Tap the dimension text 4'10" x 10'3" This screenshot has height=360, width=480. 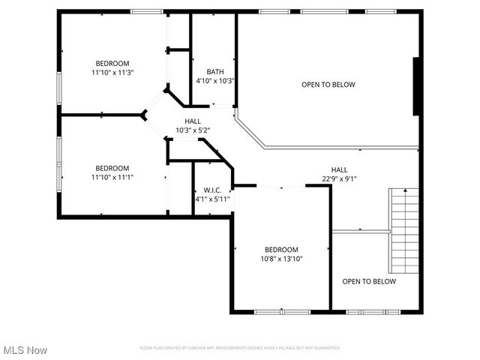click(215, 81)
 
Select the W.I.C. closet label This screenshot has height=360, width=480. click(212, 190)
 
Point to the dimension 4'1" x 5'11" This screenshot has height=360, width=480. click(212, 199)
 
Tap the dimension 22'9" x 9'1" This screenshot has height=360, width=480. click(339, 178)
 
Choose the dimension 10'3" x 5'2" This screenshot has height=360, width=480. click(193, 130)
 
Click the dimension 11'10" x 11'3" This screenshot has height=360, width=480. click(112, 73)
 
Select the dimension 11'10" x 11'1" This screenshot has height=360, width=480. click(112, 177)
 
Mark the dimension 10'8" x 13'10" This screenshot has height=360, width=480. click(281, 259)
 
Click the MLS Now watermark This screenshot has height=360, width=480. click(25, 350)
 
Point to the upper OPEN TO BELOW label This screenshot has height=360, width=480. click(328, 85)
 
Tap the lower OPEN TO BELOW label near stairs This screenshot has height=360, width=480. click(368, 281)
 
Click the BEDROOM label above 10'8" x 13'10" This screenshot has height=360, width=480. click(281, 250)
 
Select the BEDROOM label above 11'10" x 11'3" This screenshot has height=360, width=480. click(112, 63)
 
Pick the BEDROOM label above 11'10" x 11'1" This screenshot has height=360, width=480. click(112, 168)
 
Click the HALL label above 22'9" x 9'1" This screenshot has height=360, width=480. click(339, 169)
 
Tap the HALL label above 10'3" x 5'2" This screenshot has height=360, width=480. click(193, 121)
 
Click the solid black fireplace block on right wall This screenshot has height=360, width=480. click(416, 86)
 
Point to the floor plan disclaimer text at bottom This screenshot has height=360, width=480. click(240, 348)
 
